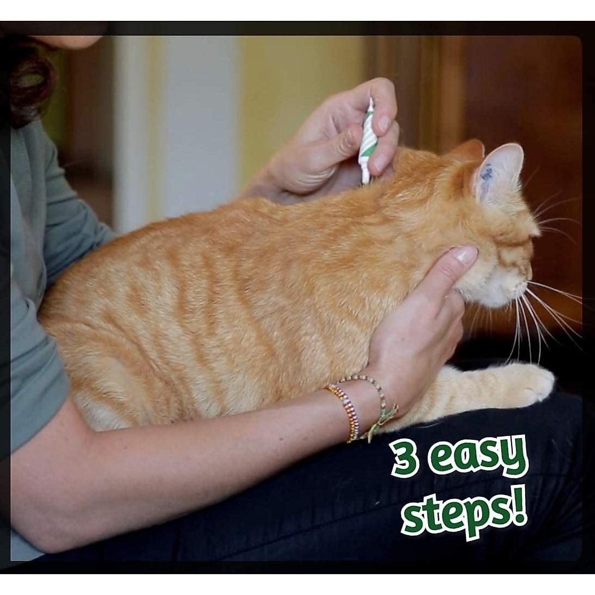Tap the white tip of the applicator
(365, 177)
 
